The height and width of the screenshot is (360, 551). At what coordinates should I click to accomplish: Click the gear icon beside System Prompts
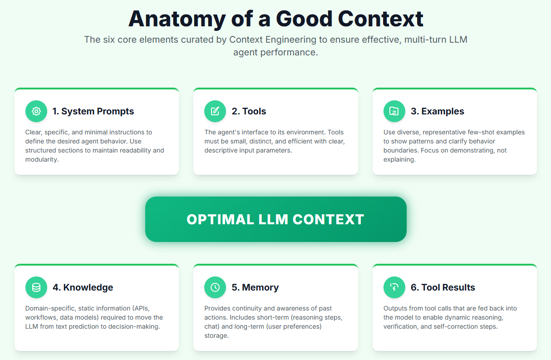click(x=36, y=111)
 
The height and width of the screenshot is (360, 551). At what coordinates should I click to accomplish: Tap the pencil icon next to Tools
click(x=215, y=111)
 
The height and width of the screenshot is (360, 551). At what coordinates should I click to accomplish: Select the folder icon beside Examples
click(x=394, y=111)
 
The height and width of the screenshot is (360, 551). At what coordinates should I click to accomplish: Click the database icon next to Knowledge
click(x=36, y=287)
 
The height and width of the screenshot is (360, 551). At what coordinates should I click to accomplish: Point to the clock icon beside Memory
click(x=215, y=287)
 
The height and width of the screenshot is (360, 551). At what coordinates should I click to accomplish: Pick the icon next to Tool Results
click(x=394, y=287)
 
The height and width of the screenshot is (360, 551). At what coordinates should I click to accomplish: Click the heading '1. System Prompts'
click(x=93, y=111)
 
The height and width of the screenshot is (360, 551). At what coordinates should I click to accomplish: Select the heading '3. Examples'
click(x=437, y=111)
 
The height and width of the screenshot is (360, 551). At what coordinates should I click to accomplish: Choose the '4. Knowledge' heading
click(x=83, y=287)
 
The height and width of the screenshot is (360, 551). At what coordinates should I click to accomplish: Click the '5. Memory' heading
click(x=255, y=287)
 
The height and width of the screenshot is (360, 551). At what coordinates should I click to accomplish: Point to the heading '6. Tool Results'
click(x=443, y=287)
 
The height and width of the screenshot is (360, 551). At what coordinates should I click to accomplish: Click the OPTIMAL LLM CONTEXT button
click(x=275, y=219)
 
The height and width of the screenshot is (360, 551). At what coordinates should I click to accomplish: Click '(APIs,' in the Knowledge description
click(x=139, y=308)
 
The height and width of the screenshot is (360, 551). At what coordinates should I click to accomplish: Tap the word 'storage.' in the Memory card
click(x=216, y=335)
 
